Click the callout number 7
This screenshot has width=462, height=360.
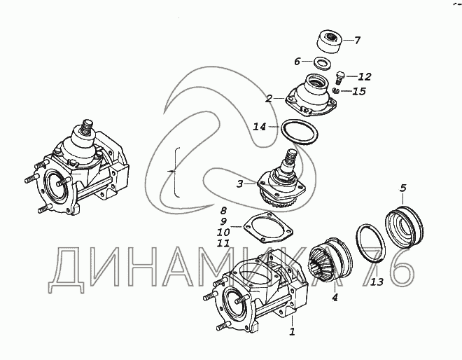click(x=357, y=40)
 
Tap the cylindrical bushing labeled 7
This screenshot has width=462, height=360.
click(x=330, y=41)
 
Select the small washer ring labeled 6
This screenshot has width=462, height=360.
click(x=323, y=63)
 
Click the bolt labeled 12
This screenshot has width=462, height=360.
click(x=339, y=78)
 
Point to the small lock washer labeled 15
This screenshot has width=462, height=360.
click(x=336, y=90)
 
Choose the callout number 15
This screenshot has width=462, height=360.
click(x=359, y=91)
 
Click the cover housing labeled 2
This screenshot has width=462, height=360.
click(x=311, y=97)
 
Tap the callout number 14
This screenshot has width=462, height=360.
click(x=260, y=127)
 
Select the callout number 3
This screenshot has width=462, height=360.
click(x=240, y=184)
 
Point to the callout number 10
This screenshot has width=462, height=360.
click(x=223, y=233)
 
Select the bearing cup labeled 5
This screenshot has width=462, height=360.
click(x=405, y=226)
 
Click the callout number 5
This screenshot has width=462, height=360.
click(x=403, y=188)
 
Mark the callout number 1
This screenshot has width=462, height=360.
click(x=292, y=331)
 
